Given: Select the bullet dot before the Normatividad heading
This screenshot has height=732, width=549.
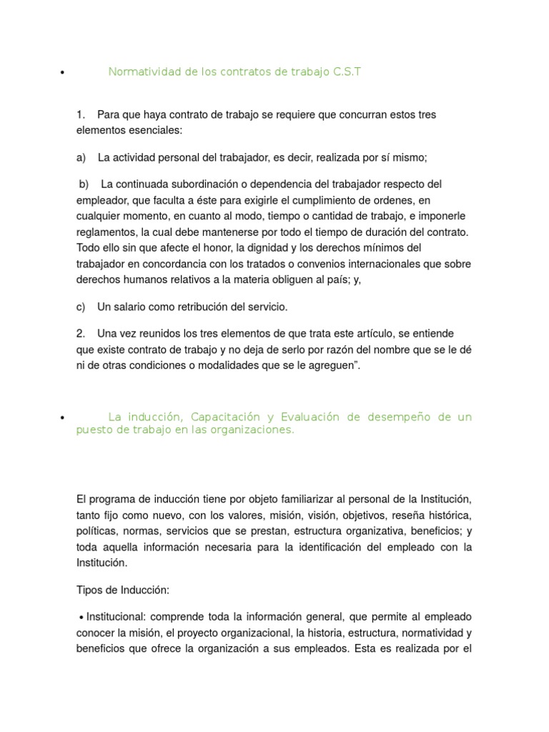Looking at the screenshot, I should [63, 73].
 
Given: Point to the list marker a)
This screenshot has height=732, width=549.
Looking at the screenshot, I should [81, 157].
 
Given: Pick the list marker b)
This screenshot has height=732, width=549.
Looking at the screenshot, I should [84, 184].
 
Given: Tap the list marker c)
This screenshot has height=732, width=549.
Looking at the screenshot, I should [81, 307].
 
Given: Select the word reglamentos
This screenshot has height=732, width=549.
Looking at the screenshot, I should [107, 232].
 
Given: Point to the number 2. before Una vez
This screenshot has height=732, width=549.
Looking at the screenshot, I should [81, 334].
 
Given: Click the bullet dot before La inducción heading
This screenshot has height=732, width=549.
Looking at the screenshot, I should [63, 418].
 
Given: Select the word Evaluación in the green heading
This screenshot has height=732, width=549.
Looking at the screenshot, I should [311, 417].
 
